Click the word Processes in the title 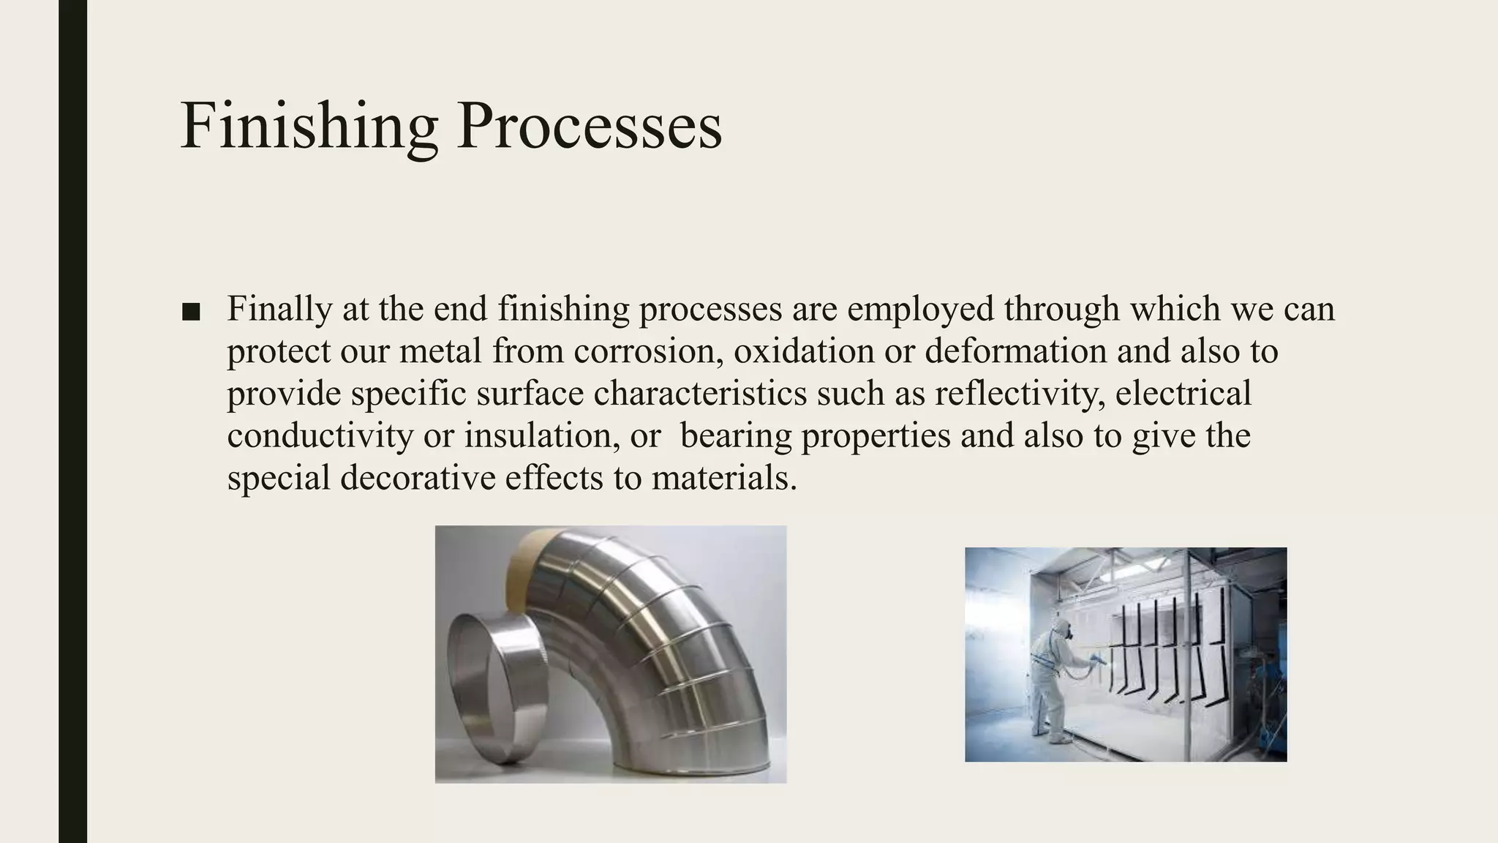tap(589, 127)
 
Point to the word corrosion tap(649, 351)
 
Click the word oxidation tap(804, 351)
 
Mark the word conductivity tap(320, 436)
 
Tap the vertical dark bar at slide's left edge tap(72, 421)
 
